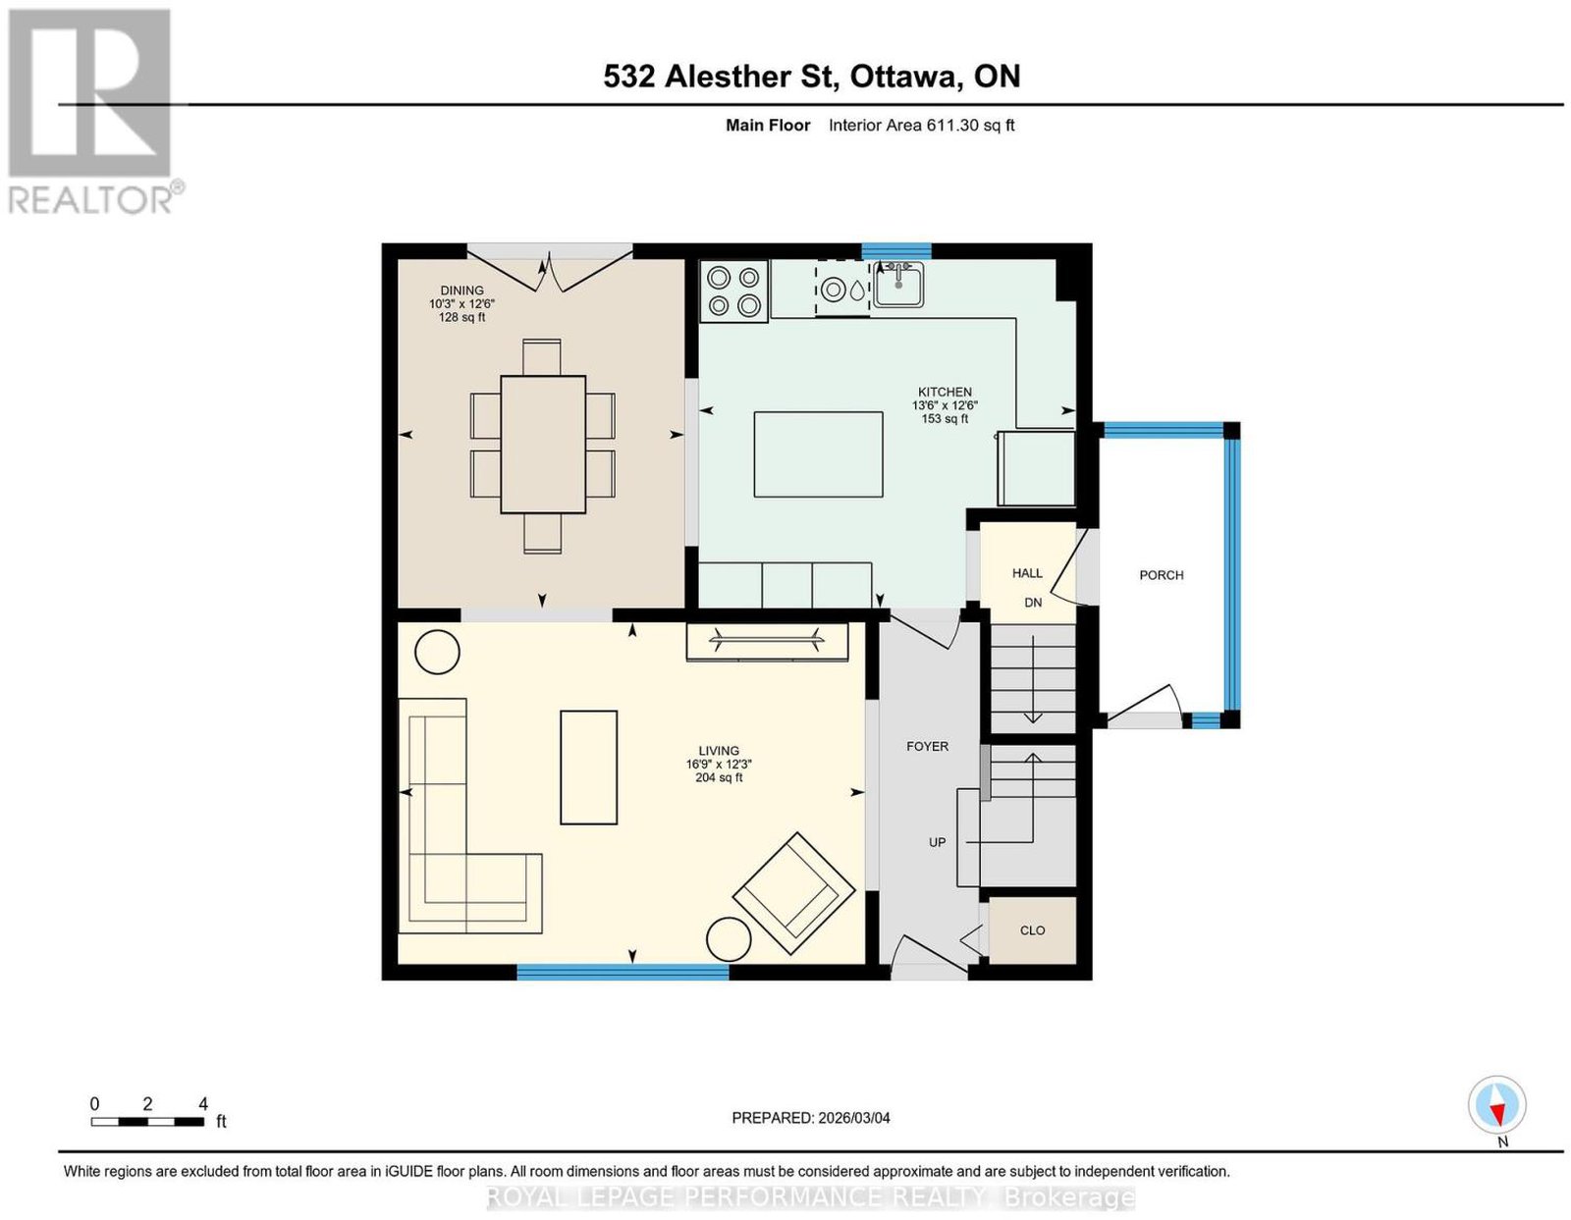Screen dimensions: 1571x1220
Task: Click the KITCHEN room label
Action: (945, 392)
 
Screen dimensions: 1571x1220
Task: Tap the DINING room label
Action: (462, 291)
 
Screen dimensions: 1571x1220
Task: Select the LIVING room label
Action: (719, 751)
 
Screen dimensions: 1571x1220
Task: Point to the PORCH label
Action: (1162, 575)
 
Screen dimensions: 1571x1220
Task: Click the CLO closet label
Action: (1032, 930)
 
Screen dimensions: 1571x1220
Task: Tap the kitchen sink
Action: (897, 284)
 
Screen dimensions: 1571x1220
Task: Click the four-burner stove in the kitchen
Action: (733, 292)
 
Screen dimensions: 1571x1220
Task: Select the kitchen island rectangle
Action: (819, 454)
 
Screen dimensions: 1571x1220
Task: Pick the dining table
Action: (543, 445)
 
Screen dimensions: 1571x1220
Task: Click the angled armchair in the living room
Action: (793, 892)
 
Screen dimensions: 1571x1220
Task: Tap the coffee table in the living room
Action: (589, 768)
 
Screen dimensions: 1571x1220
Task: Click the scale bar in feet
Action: (147, 1122)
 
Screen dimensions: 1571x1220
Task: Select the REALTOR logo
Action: (92, 112)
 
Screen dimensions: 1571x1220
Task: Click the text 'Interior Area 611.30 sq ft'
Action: (922, 125)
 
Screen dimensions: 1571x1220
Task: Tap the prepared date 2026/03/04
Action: (854, 1118)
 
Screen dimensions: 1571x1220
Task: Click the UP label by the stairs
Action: (937, 842)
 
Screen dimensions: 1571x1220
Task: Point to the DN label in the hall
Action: (1033, 603)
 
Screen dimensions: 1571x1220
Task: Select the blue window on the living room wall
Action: (623, 973)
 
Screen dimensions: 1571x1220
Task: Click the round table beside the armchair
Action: (729, 938)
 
